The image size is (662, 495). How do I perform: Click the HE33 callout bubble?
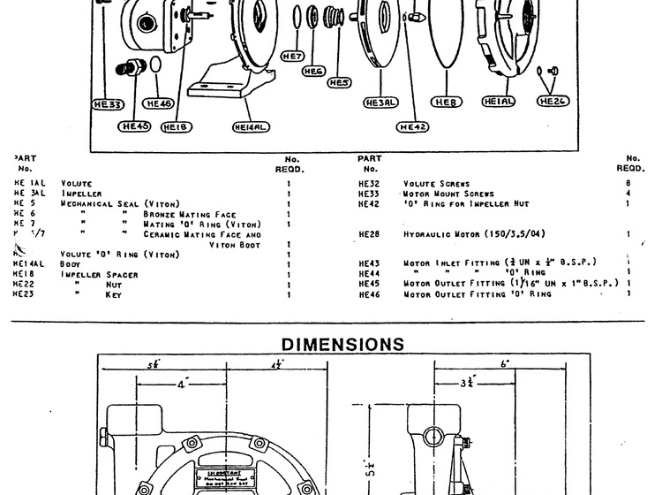[109, 103]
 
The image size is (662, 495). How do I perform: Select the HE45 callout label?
[136, 126]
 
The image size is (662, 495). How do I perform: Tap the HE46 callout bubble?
[161, 103]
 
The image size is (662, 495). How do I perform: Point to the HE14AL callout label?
[252, 127]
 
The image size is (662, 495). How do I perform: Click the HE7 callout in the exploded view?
[293, 55]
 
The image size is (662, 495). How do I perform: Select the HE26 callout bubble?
[553, 103]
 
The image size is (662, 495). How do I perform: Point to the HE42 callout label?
[413, 127]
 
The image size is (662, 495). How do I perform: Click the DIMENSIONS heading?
[330, 342]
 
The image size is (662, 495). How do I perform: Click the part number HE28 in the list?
[369, 234]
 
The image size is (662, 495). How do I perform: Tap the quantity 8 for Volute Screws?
[628, 182]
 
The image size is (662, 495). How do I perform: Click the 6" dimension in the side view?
[504, 364]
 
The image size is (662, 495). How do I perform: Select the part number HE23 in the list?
[23, 293]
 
